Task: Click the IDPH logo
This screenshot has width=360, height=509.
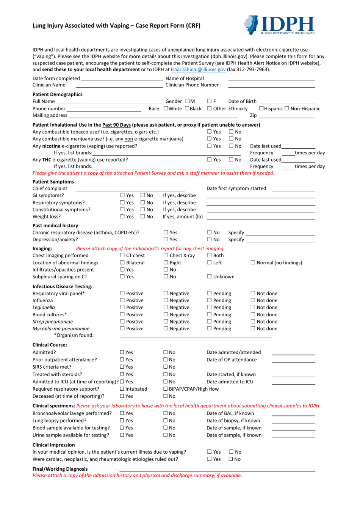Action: click(x=279, y=25)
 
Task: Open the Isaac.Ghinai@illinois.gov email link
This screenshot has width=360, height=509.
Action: click(x=198, y=69)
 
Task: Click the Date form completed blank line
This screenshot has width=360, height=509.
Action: click(x=122, y=79)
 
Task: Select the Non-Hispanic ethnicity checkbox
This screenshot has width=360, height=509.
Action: click(x=287, y=108)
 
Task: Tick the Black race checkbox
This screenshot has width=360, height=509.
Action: click(x=187, y=108)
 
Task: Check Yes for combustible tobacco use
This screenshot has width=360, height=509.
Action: click(x=210, y=132)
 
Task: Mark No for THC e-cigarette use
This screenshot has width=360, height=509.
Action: click(x=231, y=160)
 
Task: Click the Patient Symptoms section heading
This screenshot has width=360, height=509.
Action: click(x=53, y=182)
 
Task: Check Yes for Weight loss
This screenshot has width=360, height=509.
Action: click(x=122, y=217)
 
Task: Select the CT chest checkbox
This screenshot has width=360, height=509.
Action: click(x=123, y=256)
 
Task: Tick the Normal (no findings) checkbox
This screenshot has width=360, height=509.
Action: click(x=253, y=263)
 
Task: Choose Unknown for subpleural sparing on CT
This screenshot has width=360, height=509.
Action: click(x=210, y=277)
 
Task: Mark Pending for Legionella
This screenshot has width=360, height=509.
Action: click(x=210, y=308)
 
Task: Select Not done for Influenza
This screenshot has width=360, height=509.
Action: click(x=253, y=300)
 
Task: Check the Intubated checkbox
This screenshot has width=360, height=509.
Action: click(x=122, y=389)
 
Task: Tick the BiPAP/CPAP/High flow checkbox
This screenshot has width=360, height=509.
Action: click(x=166, y=389)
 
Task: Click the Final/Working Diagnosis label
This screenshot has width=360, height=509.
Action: click(x=60, y=469)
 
